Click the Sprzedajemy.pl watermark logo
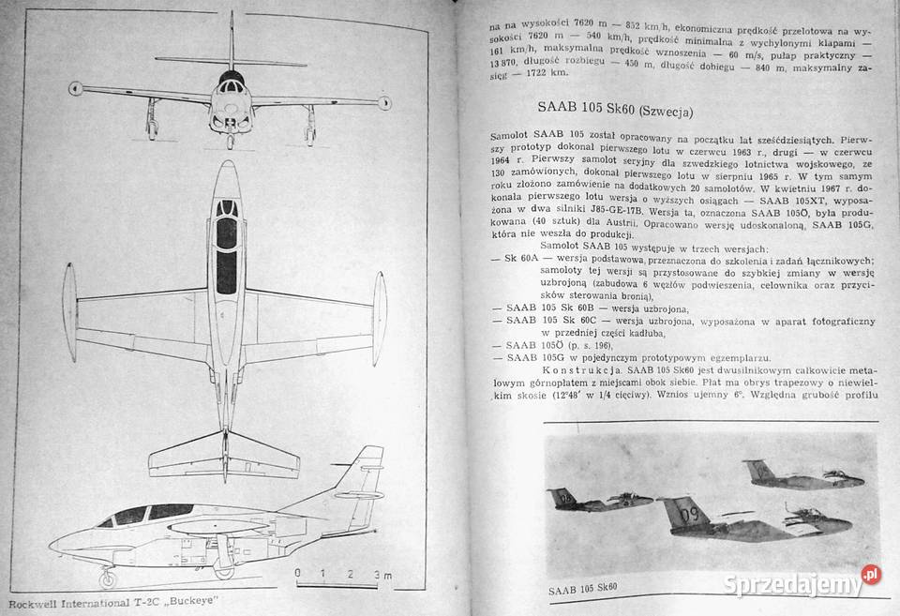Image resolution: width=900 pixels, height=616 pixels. pyautogui.click(x=802, y=582)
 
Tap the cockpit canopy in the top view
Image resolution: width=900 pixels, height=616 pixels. pyautogui.click(x=226, y=244)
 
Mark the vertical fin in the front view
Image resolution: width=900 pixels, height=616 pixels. pyautogui.click(x=231, y=42)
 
